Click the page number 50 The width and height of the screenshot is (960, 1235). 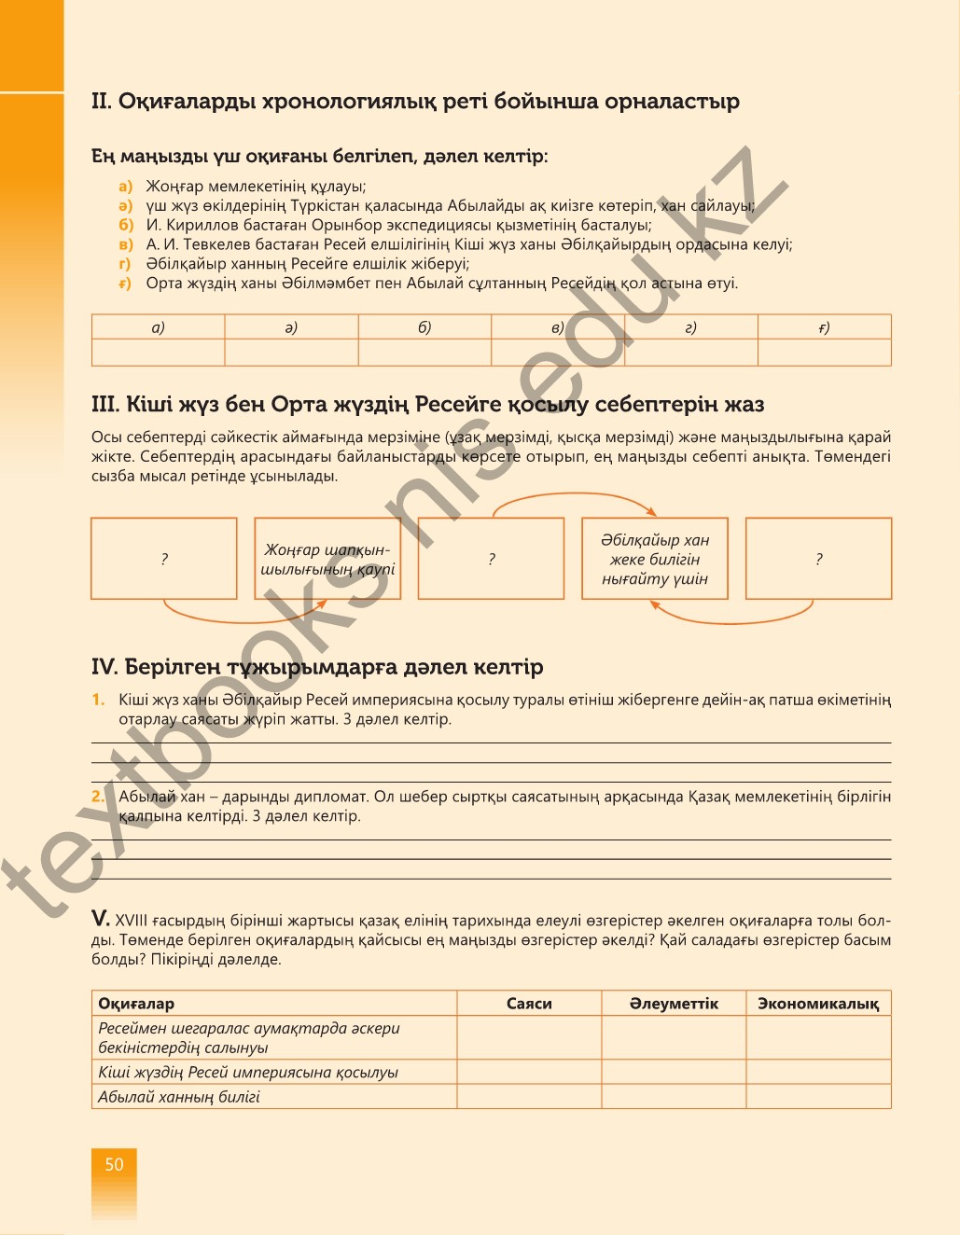[x=114, y=1164]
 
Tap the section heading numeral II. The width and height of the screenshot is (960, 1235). [x=101, y=102]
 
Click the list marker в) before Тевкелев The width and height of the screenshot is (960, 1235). [x=126, y=244]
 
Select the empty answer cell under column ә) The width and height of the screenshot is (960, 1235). [x=291, y=353]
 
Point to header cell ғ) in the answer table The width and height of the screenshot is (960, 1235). [x=824, y=327]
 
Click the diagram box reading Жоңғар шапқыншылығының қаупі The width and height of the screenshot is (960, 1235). [x=327, y=559]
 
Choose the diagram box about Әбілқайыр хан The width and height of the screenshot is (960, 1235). [x=654, y=559]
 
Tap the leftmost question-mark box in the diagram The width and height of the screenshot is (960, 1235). [x=164, y=559]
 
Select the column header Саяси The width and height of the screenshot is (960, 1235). [x=529, y=1004]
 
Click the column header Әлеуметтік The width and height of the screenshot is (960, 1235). [x=674, y=1004]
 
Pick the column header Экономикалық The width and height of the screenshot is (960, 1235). [x=818, y=1004]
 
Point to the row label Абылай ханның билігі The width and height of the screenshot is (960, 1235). [x=179, y=1097]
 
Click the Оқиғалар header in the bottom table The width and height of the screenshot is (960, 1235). [x=136, y=1004]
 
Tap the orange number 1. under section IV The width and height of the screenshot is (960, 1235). [x=98, y=700]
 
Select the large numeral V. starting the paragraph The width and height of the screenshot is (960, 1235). [x=101, y=919]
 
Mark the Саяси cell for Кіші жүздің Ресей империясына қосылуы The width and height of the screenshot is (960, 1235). [x=529, y=1072]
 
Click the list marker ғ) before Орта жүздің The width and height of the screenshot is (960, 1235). [x=126, y=284]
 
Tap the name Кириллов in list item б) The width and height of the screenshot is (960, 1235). [x=200, y=225]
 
